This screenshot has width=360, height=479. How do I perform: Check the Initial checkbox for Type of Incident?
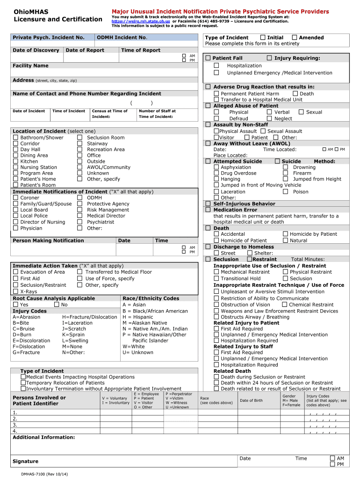click(x=263, y=37)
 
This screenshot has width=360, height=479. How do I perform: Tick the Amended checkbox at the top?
click(x=295, y=37)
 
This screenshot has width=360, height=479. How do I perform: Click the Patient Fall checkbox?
click(x=208, y=58)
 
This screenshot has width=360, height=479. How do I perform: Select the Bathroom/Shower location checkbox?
click(x=15, y=138)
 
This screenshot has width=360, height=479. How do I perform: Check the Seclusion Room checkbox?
click(x=79, y=138)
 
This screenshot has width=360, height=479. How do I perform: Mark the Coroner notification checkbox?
click(x=15, y=198)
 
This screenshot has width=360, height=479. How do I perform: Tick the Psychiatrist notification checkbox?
click(x=79, y=222)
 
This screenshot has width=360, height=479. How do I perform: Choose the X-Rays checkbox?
click(x=15, y=291)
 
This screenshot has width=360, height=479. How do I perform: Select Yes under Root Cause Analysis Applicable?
click(x=15, y=305)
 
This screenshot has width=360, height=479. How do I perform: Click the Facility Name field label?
click(x=30, y=66)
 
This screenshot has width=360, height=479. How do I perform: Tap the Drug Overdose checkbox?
click(x=216, y=173)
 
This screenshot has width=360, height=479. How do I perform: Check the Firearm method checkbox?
click(x=286, y=173)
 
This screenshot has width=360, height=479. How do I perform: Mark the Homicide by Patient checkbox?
click(x=286, y=234)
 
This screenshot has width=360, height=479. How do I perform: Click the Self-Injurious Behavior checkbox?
click(x=208, y=203)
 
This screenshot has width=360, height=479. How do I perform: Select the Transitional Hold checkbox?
click(x=216, y=278)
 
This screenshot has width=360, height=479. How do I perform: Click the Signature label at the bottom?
click(x=25, y=461)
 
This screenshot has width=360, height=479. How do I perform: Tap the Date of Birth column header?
click(x=251, y=400)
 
